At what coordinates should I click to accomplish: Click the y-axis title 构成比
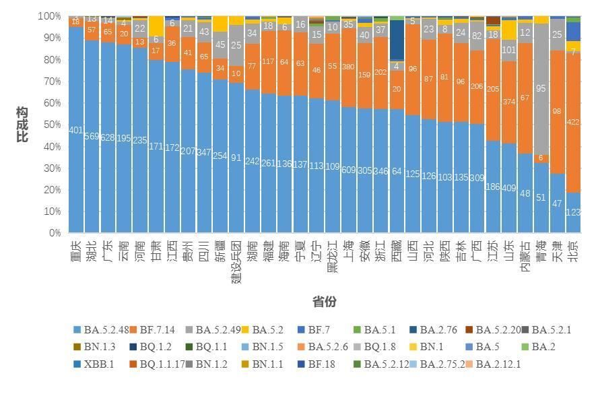pos(22,123)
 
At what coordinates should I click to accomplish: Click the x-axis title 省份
pos(324,302)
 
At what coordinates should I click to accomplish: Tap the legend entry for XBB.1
pos(99,364)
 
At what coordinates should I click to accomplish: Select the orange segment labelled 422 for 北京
pos(573,122)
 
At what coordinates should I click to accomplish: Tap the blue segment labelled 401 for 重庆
pos(76,130)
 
